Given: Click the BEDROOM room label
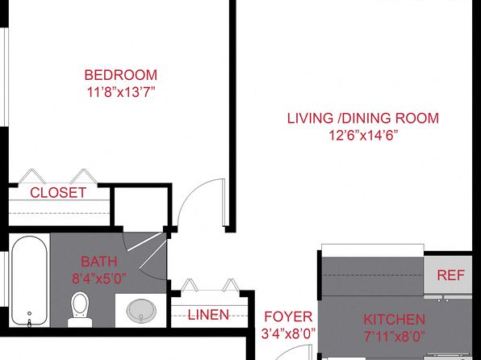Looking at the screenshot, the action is point(120,75).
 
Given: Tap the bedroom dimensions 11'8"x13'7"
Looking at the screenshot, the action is point(121,92).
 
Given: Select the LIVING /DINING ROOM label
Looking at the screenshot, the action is point(363,119).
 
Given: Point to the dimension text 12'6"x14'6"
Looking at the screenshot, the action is point(363,135).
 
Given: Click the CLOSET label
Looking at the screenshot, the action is point(58,193).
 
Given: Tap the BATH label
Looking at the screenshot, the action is point(98,262).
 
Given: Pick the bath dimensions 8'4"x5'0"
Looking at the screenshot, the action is point(98,279).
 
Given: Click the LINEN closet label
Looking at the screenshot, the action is point(208,315).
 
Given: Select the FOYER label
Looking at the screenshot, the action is point(288,316).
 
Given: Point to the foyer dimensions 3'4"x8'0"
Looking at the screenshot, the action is point(288,334).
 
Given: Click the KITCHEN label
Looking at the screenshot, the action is point(394,320).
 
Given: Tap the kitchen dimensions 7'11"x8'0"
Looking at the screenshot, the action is point(395,337).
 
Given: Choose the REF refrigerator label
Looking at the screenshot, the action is point(450,275).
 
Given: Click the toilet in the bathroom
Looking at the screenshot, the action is point(80,309).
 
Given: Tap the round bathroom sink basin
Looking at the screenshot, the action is point(141,311).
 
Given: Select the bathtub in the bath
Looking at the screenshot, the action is point(29,280).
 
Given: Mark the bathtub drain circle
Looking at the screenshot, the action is point(29,313).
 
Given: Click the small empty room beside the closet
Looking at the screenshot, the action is point(140,209).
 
